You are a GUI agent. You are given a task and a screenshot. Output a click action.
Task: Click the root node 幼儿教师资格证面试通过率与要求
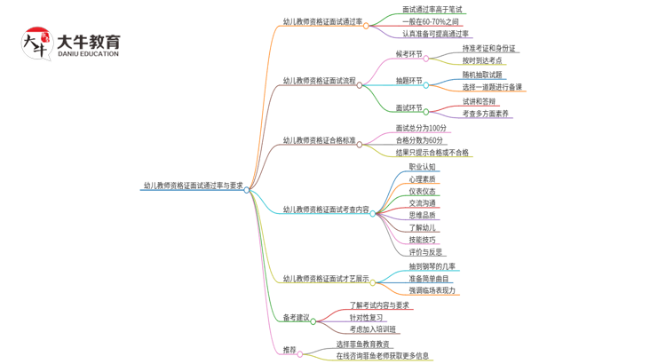[x=193, y=186]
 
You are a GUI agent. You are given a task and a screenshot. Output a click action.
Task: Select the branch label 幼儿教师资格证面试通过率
[x=322, y=22]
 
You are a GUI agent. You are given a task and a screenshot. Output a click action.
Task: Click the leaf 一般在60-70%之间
[x=431, y=21]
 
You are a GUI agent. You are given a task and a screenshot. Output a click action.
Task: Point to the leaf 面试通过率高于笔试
[x=432, y=10]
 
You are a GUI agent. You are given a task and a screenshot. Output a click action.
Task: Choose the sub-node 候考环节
[x=408, y=54]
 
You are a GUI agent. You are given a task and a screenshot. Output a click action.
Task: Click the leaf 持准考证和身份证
[x=488, y=48]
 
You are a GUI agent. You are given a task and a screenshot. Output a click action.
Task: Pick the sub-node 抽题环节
[x=408, y=81]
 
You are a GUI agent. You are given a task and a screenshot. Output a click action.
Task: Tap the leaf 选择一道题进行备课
[x=492, y=87]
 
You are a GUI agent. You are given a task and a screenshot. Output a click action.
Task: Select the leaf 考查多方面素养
[x=486, y=114]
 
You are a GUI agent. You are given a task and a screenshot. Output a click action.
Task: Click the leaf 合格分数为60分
[x=420, y=140]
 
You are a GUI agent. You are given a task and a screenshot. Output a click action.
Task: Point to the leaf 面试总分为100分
[x=420, y=128]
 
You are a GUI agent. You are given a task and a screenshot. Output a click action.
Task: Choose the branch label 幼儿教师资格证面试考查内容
[x=326, y=210]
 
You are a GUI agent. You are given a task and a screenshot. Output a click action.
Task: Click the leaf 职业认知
[x=423, y=167]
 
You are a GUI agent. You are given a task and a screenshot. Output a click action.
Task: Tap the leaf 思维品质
[x=423, y=215]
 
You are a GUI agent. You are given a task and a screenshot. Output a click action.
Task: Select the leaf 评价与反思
[x=425, y=252]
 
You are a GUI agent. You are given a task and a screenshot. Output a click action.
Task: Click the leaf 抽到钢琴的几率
[x=432, y=266]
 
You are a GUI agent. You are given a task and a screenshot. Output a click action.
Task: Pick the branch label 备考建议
[x=296, y=317]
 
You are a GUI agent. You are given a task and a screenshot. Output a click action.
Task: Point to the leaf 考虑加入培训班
[x=373, y=329]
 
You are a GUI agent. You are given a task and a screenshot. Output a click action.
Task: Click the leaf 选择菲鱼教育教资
[x=362, y=344]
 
